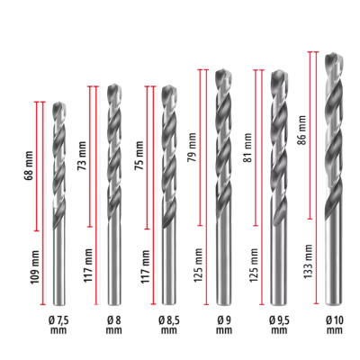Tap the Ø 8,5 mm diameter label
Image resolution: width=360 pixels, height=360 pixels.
(167, 325)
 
